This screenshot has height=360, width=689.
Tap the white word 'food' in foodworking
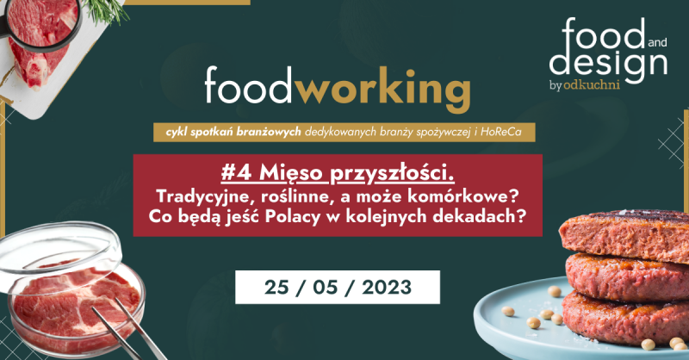247,85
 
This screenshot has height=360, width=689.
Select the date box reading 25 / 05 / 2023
338,287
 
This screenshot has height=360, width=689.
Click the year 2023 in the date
387,288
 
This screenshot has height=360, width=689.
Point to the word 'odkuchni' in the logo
592,84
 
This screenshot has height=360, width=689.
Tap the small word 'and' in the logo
657,43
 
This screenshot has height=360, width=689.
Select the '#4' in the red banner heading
236,173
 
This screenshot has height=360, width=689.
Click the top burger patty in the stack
624,235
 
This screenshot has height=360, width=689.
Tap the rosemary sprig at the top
108,11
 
